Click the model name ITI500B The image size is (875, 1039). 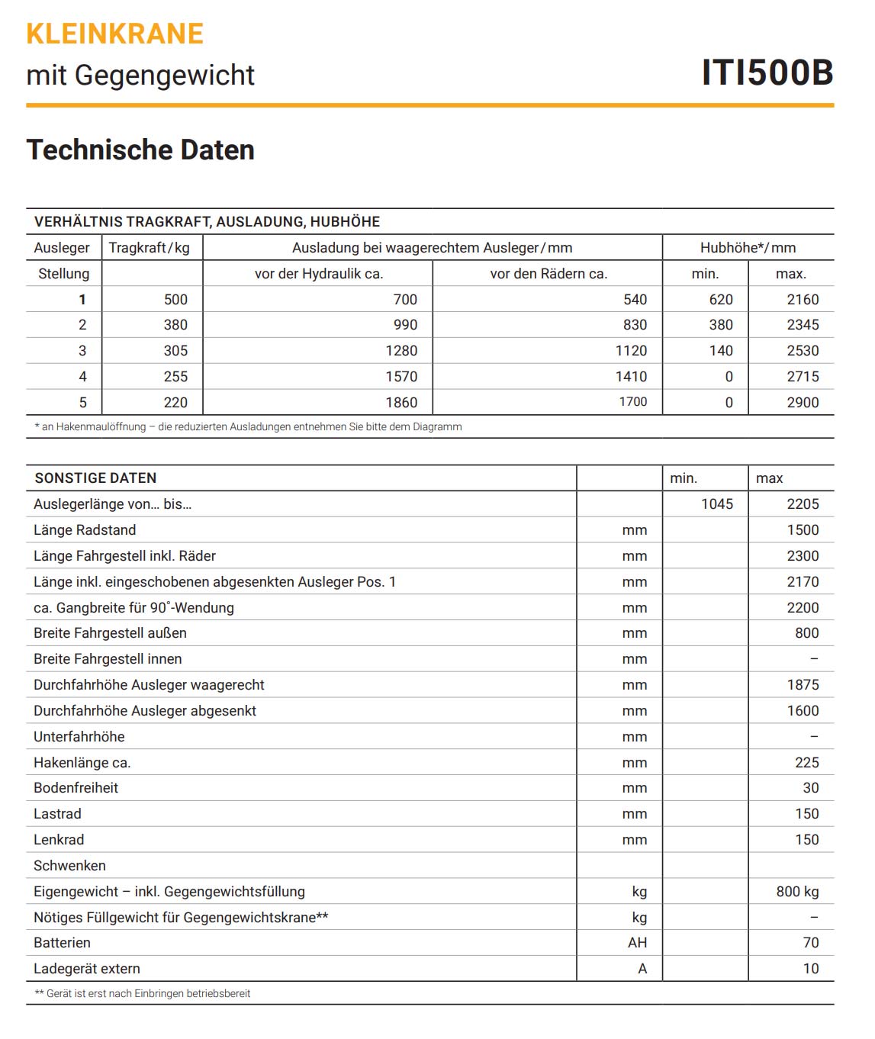click(x=767, y=72)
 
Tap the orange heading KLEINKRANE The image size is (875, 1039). click(x=114, y=34)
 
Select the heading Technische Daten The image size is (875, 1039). click(x=140, y=150)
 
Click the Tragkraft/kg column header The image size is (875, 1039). click(x=150, y=248)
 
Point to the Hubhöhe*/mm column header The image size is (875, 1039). click(x=748, y=248)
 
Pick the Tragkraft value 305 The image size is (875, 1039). click(x=175, y=351)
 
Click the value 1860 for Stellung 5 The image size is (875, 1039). click(x=401, y=403)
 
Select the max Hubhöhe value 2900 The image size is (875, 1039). click(x=803, y=403)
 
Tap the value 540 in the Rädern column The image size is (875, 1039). click(x=635, y=300)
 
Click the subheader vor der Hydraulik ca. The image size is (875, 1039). click(x=319, y=274)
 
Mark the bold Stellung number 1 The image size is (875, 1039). click(x=82, y=300)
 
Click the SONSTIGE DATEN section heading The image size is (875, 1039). click(x=95, y=478)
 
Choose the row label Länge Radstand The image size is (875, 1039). click(x=85, y=530)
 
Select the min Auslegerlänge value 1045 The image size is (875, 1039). click(x=717, y=504)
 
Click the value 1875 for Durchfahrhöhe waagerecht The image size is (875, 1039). click(x=803, y=685)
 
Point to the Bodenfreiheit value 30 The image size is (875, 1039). click(x=810, y=788)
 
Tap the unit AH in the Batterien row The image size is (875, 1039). click(x=637, y=943)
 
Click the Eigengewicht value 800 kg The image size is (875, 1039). click(x=797, y=892)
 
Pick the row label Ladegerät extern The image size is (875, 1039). click(x=87, y=969)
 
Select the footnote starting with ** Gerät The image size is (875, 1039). click(x=143, y=994)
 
